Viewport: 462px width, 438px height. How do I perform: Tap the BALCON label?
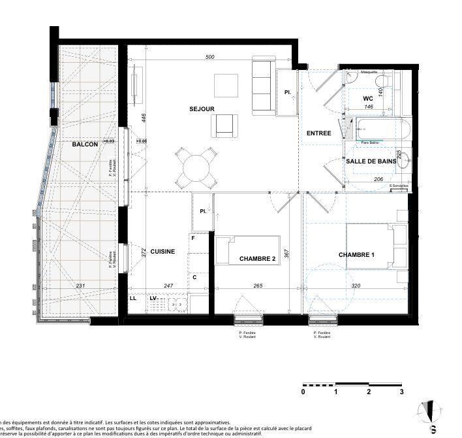point(85,144)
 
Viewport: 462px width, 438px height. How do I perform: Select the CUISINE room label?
point(162,252)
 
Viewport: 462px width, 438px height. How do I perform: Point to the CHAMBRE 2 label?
point(257,259)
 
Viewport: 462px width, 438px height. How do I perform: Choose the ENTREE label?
point(319,133)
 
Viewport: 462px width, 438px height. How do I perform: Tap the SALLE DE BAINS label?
point(371,161)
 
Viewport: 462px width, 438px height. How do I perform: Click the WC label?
point(368,99)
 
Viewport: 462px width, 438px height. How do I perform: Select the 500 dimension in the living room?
point(209,58)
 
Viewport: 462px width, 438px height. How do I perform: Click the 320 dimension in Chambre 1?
point(356,286)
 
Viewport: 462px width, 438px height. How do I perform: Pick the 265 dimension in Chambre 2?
point(257,286)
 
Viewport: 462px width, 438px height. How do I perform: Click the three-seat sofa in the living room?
point(262,86)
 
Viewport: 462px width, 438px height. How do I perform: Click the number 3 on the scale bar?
point(402,392)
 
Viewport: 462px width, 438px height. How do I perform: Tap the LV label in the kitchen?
point(154,298)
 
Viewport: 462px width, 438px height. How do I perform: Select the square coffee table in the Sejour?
point(226,85)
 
